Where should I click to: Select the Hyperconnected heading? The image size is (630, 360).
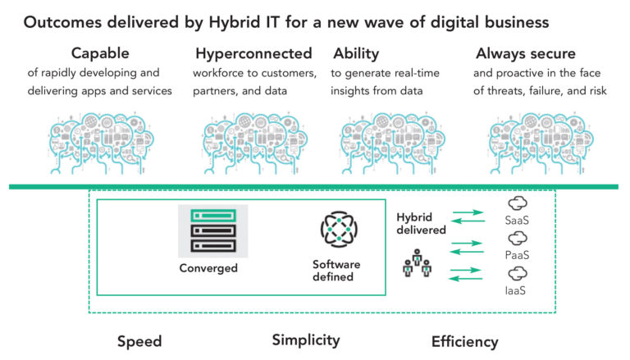[x=253, y=54]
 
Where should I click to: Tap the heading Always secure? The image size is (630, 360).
[x=527, y=54]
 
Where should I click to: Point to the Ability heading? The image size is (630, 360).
[x=355, y=54]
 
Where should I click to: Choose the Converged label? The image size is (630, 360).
[x=208, y=268]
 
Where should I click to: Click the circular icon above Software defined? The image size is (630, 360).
[x=336, y=229]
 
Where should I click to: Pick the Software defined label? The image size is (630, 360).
[x=336, y=270]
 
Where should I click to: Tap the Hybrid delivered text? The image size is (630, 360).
[x=422, y=224]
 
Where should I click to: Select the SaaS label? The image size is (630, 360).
[x=518, y=221]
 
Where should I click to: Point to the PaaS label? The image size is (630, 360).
[x=518, y=255]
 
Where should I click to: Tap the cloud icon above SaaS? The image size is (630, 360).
[x=518, y=203]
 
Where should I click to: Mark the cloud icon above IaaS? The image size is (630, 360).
[x=518, y=273]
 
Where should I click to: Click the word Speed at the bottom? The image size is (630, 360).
[x=139, y=341]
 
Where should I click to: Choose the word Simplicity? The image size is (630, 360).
[x=305, y=339]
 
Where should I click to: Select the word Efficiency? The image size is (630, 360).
[x=464, y=341]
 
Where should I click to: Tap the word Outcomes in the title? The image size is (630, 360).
[x=62, y=22]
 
